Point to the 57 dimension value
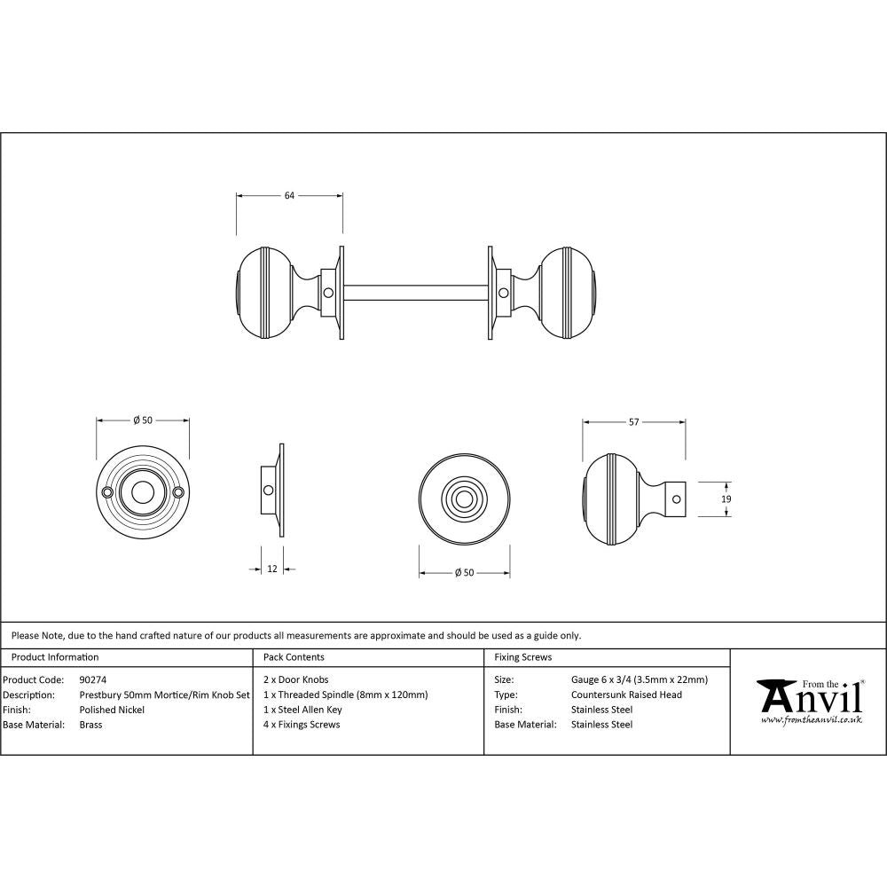click(633, 422)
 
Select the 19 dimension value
click(726, 499)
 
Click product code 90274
click(92, 680)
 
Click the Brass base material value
click(90, 725)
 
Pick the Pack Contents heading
click(294, 657)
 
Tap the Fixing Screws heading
click(522, 657)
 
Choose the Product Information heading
click(54, 657)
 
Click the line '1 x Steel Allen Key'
click(302, 710)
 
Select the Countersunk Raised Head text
click(626, 695)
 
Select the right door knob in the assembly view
click(567, 291)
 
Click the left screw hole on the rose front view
click(108, 491)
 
